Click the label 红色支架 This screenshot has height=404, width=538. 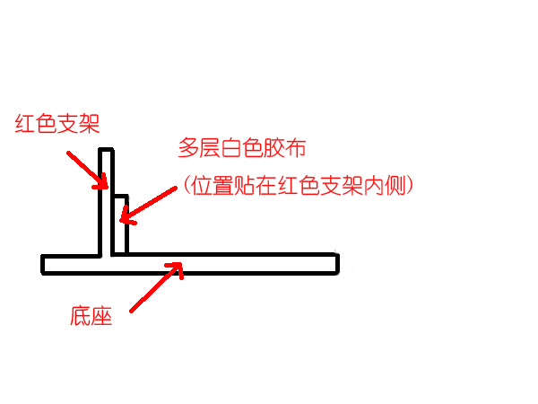(57, 123)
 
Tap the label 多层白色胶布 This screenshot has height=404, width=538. (242, 148)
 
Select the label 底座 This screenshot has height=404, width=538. (91, 316)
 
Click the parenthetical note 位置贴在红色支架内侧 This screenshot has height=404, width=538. (299, 186)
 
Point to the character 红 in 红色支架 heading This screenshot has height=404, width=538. (25, 123)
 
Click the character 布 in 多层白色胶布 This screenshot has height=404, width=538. (295, 148)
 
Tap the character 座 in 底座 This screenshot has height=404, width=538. (102, 316)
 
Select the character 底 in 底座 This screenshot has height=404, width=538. (81, 316)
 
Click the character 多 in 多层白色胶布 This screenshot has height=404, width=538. (188, 148)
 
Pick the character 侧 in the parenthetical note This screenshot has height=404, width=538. (395, 186)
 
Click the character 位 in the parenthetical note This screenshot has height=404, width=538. (202, 186)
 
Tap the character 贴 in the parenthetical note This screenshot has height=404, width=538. (245, 186)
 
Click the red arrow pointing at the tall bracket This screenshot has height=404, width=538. (88, 171)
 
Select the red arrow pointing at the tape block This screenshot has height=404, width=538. (148, 206)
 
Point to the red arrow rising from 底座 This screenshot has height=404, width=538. (156, 287)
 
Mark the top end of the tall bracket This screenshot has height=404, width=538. (106, 149)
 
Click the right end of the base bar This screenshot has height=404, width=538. (338, 264)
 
